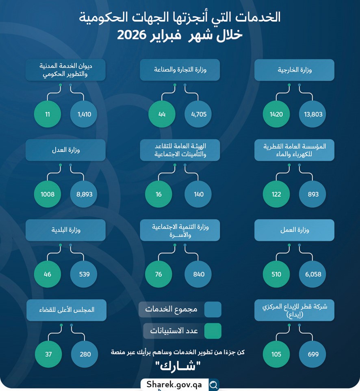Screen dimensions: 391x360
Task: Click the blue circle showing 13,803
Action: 312,114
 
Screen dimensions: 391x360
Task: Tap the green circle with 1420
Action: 276,114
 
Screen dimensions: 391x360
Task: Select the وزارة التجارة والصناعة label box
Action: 180,70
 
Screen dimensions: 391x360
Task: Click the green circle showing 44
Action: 162,114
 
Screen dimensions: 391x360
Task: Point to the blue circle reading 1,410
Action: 84,114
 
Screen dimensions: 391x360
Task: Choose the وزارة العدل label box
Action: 65,150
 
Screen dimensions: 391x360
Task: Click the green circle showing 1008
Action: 48,194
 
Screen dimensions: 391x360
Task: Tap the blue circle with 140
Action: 198,194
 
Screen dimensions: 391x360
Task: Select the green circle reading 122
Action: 276,194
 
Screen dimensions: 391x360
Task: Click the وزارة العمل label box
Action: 294,230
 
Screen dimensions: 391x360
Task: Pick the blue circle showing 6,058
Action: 312,274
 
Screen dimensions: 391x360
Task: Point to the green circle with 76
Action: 158,274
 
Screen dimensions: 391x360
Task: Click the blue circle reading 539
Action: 84,274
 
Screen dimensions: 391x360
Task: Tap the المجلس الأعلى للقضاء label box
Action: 67,310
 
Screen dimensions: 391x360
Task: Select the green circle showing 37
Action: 48,354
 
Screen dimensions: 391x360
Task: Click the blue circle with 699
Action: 312,354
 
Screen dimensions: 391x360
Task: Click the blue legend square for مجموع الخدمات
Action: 213,309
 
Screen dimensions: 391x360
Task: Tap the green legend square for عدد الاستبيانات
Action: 213,331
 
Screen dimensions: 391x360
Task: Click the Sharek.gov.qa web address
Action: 174,384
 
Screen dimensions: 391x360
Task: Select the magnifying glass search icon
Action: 213,384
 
